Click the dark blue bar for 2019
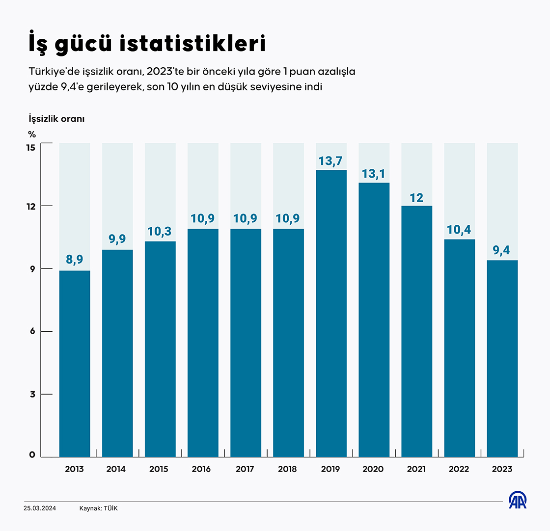click(331, 314)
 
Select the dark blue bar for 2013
click(75, 363)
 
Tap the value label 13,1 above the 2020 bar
click(374, 174)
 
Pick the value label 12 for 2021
click(416, 198)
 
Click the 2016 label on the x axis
click(201, 469)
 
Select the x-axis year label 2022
click(459, 469)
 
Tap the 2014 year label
click(116, 469)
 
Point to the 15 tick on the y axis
click(31, 147)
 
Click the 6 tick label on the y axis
click(32, 332)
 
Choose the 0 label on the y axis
click(32, 455)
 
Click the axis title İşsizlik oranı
click(56, 119)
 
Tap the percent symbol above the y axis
click(32, 133)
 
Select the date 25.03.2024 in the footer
click(40, 508)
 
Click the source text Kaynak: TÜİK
click(98, 508)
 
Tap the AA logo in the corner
click(517, 501)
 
